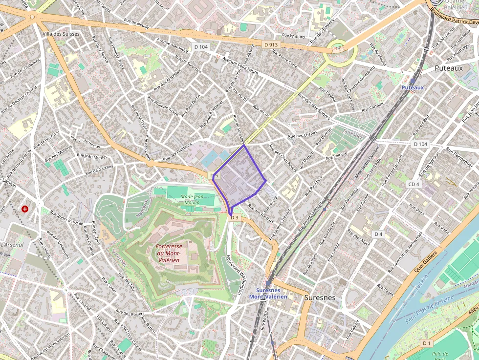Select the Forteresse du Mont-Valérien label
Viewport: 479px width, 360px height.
pyautogui.click(x=169, y=254)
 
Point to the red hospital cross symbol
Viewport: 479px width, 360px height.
pyautogui.click(x=25, y=209)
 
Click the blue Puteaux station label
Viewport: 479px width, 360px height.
pyautogui.click(x=412, y=87)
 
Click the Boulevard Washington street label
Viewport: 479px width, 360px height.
pyautogui.click(x=237, y=275)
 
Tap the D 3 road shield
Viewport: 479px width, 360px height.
pyautogui.click(x=235, y=217)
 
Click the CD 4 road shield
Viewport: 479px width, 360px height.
pyautogui.click(x=414, y=184)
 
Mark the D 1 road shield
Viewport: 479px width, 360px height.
pyautogui.click(x=427, y=343)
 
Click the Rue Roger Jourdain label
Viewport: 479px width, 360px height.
pyautogui.click(x=67, y=217)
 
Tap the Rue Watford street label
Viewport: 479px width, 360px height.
pyautogui.click(x=293, y=37)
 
